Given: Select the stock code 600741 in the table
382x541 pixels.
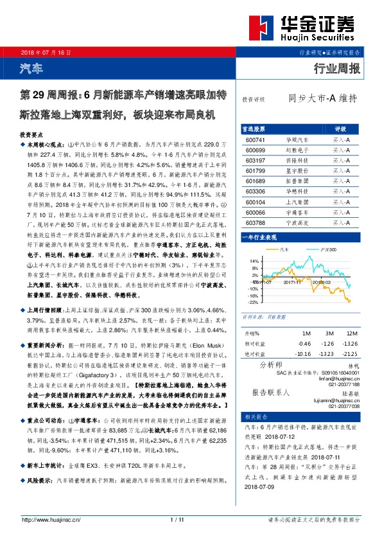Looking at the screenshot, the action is [256, 139].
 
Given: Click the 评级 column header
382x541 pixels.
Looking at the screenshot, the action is [341, 129].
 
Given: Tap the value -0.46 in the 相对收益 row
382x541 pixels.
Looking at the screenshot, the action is [304, 344].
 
